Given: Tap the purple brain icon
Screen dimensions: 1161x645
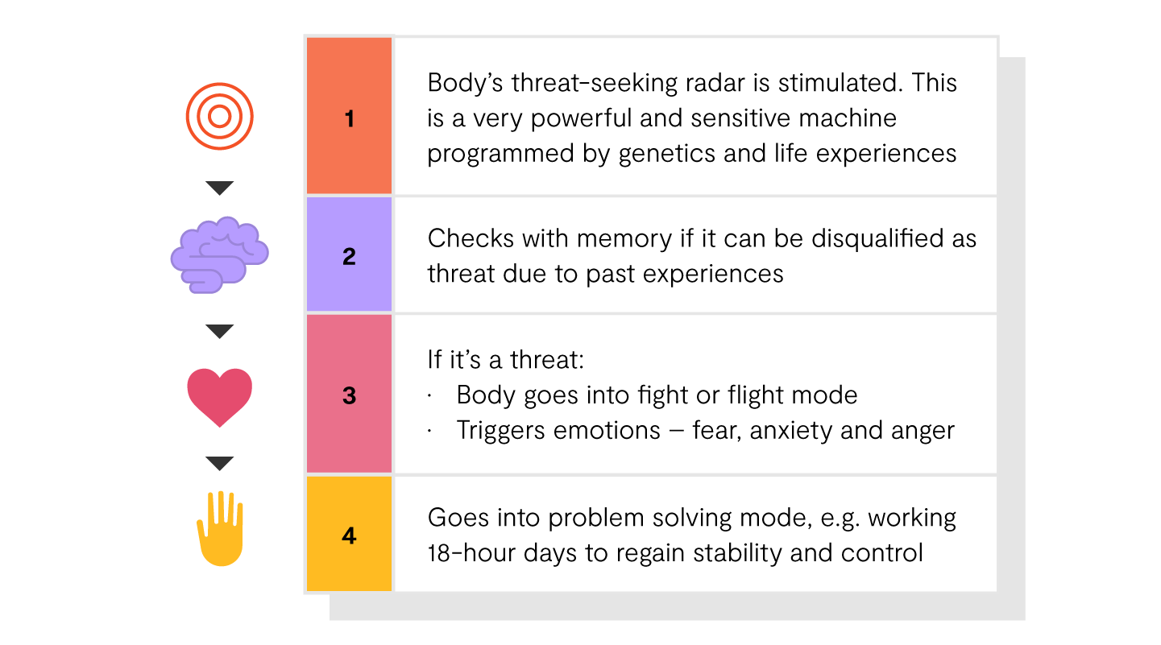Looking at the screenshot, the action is coord(219,255).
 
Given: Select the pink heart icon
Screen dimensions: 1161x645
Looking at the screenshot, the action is coord(219,397).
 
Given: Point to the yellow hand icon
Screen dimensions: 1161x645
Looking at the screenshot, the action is coord(220,528).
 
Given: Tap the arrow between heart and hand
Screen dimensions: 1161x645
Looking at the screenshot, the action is coord(219,464).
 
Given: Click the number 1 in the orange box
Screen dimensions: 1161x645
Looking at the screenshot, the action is coord(350,118).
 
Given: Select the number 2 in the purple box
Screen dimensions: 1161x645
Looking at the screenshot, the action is coord(350,256).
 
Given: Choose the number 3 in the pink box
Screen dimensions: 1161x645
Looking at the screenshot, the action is coord(350,396).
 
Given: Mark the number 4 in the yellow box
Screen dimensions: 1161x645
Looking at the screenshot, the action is coord(350,535).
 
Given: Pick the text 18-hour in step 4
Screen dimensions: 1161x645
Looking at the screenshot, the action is coord(471,552).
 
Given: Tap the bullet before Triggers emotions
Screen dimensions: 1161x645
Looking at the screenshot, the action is coord(429,431).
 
